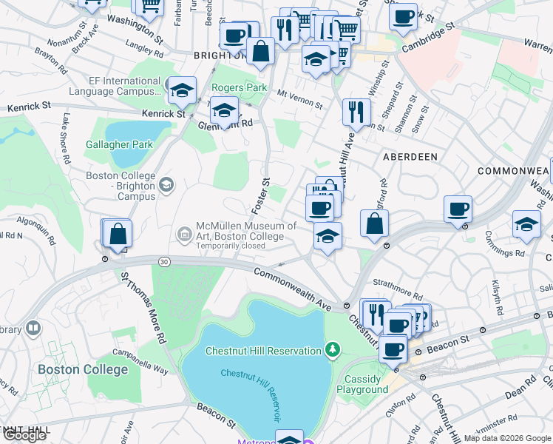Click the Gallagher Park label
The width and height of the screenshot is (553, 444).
click(119, 144)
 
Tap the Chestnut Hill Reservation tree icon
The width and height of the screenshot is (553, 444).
click(333, 349)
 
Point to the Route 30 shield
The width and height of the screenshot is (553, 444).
click(163, 261)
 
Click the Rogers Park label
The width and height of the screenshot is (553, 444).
click(239, 87)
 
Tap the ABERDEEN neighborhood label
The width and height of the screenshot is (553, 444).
click(410, 157)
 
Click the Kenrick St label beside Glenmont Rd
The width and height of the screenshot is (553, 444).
click(164, 114)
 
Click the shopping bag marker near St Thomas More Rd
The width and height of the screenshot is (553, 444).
click(118, 234)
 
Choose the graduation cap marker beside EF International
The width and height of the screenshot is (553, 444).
click(181, 90)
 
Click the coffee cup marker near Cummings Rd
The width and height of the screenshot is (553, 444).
click(458, 209)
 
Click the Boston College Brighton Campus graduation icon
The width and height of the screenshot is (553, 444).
click(167, 184)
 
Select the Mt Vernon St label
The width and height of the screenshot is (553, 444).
click(300, 99)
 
